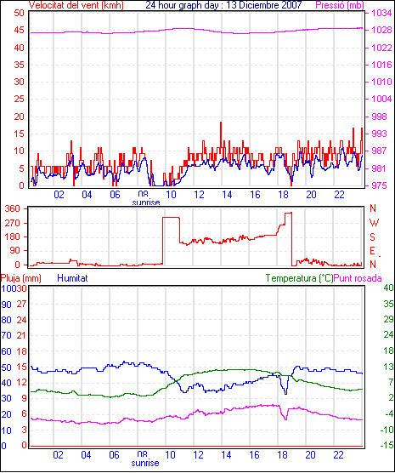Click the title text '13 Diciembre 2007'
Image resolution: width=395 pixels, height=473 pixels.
tap(262, 5)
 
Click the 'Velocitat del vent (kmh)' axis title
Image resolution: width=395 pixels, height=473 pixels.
tap(76, 5)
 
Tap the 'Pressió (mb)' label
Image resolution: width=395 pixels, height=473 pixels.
tap(340, 5)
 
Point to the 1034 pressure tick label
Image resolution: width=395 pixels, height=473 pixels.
tap(381, 13)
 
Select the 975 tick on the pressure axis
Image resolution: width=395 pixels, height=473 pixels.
tap(380, 185)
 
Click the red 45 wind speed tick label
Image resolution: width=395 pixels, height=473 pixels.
tap(19, 30)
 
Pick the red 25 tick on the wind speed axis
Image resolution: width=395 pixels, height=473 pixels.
tap(19, 99)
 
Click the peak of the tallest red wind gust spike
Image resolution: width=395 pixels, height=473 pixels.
tap(221, 123)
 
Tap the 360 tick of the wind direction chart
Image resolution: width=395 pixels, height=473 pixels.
tap(13, 208)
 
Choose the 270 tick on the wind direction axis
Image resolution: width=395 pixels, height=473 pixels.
tap(13, 223)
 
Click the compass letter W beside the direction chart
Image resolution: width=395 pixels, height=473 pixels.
tap(374, 223)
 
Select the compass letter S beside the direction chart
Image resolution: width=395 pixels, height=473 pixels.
tap(373, 237)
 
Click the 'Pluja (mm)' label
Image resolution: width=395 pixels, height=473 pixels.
tap(20, 278)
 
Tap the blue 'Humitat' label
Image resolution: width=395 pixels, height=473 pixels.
tap(72, 278)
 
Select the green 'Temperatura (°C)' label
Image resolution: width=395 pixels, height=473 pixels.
tap(299, 278)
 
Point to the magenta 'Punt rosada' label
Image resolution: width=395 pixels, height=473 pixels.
tap(358, 278)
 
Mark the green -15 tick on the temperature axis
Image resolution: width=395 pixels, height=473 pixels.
tap(387, 445)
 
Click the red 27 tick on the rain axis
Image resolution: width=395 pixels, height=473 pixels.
tap(21, 304)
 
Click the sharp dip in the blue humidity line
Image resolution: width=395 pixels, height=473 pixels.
tap(286, 393)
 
